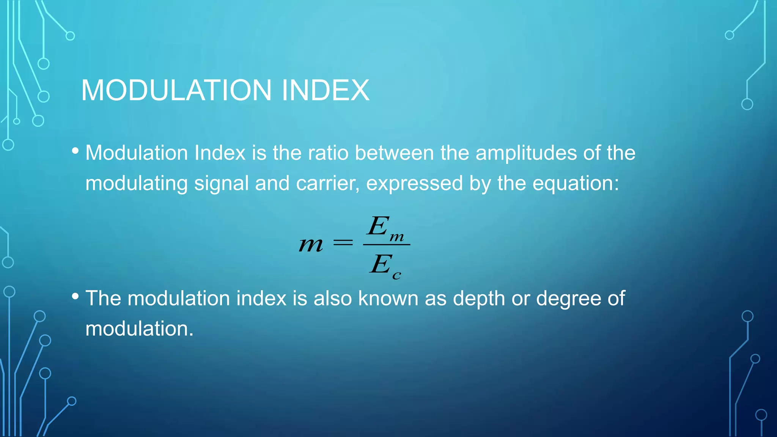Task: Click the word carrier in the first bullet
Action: coord(327,183)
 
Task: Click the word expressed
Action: coord(414,183)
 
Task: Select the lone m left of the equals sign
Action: coord(311,245)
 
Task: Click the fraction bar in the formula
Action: coord(386,245)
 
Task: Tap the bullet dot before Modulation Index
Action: coord(75,151)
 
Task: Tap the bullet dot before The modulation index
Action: coord(75,296)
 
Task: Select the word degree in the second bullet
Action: coord(568,298)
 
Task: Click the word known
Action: coord(388,298)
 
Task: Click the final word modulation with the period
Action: coord(139,329)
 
